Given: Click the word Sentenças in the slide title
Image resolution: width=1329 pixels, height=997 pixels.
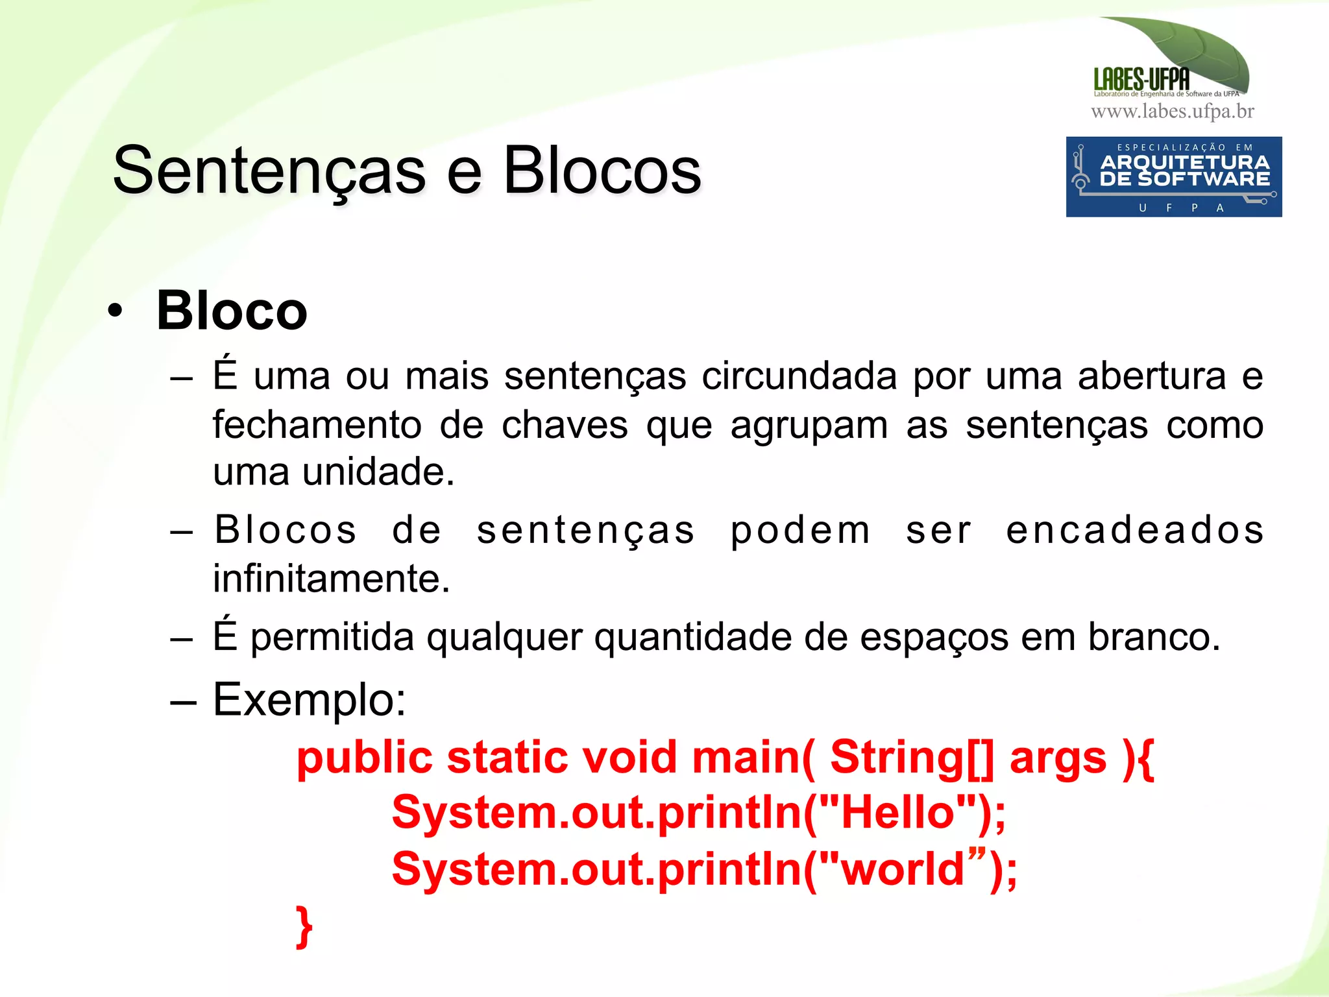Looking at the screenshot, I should (x=269, y=171).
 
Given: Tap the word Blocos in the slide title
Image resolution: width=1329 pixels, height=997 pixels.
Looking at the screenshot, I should (x=602, y=171).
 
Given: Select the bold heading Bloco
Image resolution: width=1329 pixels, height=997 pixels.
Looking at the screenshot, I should (x=232, y=311).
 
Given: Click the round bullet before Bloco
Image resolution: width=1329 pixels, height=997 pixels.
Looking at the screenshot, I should (x=116, y=311).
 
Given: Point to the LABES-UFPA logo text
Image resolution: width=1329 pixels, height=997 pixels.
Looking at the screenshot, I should (x=1141, y=80).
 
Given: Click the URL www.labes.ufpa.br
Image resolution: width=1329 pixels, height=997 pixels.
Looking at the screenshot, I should (x=1172, y=112).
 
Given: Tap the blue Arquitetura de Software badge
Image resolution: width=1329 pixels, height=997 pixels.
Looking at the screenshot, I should (x=1173, y=176).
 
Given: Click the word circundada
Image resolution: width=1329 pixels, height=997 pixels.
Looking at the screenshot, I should (x=799, y=376).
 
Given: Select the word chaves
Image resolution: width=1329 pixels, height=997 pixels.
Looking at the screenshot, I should (x=565, y=426).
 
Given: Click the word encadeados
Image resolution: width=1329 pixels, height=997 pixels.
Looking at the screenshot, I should (x=1134, y=530).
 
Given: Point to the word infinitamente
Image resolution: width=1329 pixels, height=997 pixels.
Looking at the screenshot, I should (x=332, y=578).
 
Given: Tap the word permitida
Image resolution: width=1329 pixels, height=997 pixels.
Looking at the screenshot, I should (x=332, y=638).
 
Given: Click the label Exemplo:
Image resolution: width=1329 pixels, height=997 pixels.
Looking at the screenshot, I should (x=310, y=700).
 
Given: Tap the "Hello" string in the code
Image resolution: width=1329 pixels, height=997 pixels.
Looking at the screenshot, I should (x=898, y=812).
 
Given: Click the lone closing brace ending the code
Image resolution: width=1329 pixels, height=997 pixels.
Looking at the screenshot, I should (x=304, y=926).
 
